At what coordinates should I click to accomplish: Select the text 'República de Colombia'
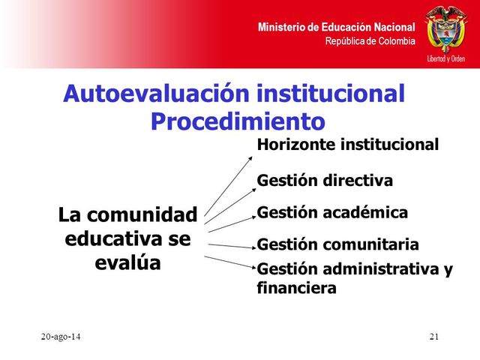370,40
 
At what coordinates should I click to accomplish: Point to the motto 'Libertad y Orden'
445,58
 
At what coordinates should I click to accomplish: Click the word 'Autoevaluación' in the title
155,94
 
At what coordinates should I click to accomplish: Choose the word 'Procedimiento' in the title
238,121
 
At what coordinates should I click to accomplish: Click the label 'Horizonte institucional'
347,145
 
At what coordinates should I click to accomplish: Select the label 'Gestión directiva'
325,181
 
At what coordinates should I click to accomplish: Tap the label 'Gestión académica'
332,213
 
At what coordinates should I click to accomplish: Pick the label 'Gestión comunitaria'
337,244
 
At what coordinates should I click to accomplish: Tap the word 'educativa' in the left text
111,239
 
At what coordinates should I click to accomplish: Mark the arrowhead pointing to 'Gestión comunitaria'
253,247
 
